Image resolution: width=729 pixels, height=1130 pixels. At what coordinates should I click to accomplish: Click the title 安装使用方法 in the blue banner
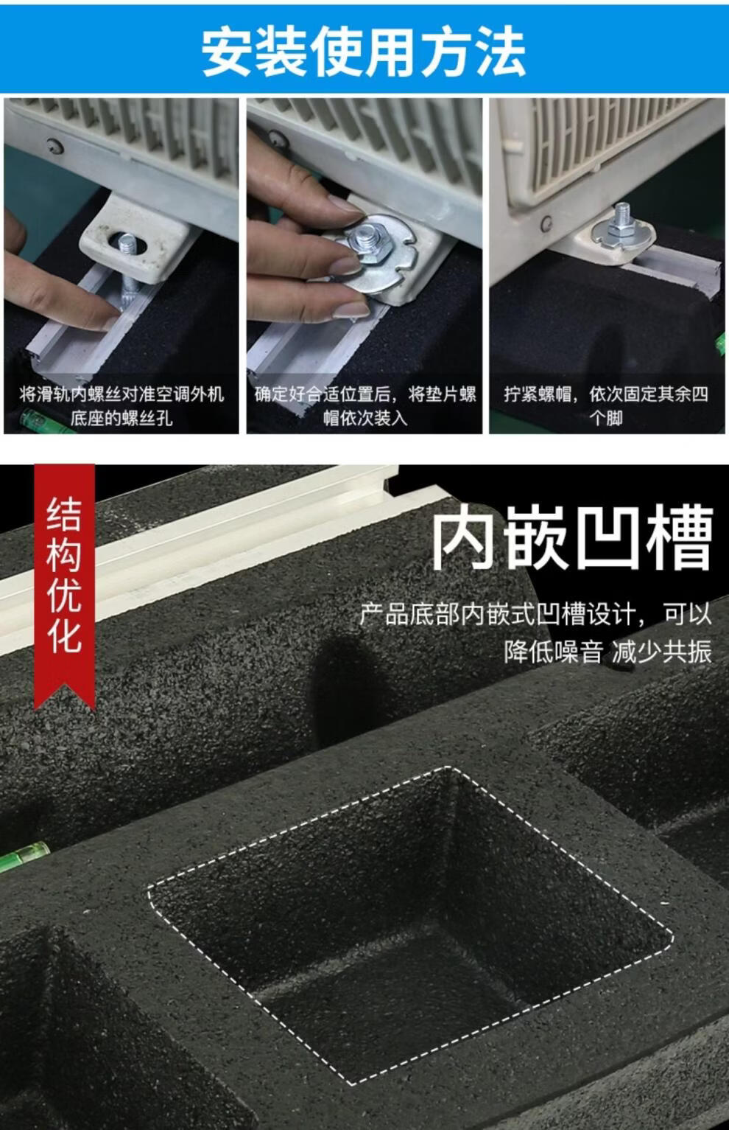[x=364, y=52]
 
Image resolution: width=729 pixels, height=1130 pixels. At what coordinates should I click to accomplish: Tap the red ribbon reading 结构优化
[x=64, y=585]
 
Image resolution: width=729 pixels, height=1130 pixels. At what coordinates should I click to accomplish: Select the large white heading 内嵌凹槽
[x=573, y=538]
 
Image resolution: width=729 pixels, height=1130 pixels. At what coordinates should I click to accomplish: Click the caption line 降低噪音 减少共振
[x=607, y=652]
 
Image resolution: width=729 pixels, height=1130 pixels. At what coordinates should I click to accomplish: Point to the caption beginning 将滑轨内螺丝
[x=121, y=406]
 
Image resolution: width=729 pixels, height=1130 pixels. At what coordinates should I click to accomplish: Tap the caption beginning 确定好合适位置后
[x=364, y=406]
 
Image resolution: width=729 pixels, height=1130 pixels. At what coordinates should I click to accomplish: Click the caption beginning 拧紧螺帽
[x=606, y=406]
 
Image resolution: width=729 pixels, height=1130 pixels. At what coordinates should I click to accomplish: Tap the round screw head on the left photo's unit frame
[x=54, y=146]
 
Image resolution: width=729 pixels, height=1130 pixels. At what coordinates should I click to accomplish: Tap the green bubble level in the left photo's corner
[x=35, y=419]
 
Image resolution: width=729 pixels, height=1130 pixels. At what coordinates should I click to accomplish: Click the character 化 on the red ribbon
[x=64, y=636]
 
